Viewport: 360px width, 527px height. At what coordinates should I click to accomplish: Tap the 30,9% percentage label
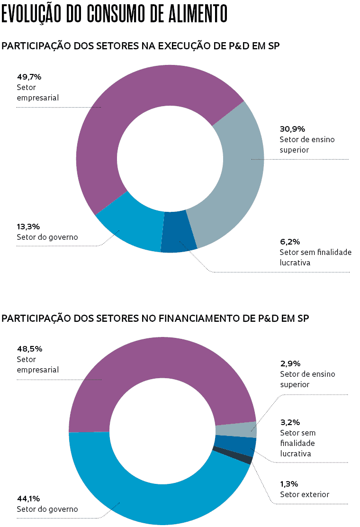click(292, 129)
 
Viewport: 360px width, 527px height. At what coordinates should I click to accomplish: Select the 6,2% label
click(289, 242)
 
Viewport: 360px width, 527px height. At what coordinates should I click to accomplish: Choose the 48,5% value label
click(29, 349)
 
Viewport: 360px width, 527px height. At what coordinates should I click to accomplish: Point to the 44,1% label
click(29, 499)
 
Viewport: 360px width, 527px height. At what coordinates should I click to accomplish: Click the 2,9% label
click(290, 363)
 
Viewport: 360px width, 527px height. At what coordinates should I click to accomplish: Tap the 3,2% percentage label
click(290, 422)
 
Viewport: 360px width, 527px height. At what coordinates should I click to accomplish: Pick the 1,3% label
click(289, 484)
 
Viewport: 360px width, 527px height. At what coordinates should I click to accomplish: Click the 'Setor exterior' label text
click(304, 494)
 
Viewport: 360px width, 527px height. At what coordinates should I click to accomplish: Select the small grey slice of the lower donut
click(236, 429)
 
